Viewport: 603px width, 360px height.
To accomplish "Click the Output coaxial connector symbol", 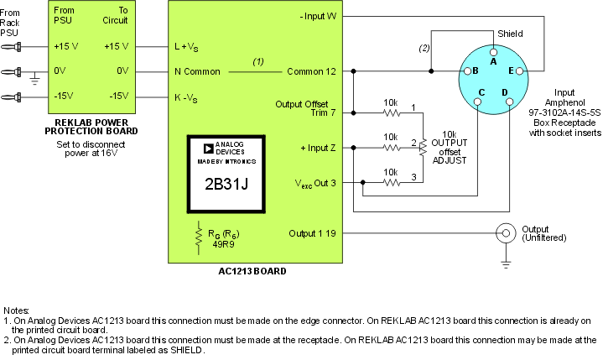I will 506,234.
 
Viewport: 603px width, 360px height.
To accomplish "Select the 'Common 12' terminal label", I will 311,71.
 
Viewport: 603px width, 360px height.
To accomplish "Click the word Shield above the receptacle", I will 509,34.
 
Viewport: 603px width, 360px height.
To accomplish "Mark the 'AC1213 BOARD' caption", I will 251,272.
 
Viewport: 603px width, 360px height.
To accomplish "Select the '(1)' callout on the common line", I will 258,62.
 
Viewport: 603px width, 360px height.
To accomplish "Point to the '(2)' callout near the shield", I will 424,48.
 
